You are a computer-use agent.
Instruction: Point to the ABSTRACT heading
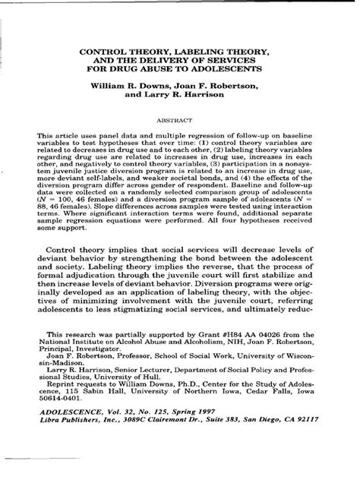(180, 121)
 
